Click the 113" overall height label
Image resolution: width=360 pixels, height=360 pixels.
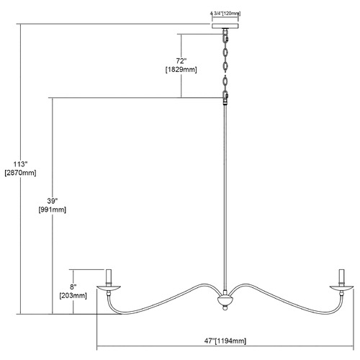pyautogui.click(x=20, y=164)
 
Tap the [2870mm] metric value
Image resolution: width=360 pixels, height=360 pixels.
pyautogui.click(x=20, y=173)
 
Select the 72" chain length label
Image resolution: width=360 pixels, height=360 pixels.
pyautogui.click(x=181, y=61)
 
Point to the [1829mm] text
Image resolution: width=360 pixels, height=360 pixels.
pyautogui.click(x=181, y=70)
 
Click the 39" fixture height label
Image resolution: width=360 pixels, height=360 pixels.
pyautogui.click(x=53, y=201)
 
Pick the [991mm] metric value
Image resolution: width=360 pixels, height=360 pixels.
pyautogui.click(x=53, y=210)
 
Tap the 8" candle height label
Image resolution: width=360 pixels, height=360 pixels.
pyautogui.click(x=73, y=287)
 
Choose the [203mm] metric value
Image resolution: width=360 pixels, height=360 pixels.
pyautogui.click(x=73, y=295)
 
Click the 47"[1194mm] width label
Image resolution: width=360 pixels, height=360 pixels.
pyautogui.click(x=225, y=341)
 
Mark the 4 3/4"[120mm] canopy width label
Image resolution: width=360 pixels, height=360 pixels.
pyautogui.click(x=225, y=14)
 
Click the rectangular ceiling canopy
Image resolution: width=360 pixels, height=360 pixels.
pyautogui.click(x=225, y=26)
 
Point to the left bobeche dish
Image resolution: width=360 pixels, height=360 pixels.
pyautogui.click(x=109, y=288)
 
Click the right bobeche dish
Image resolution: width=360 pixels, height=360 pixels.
pyautogui.click(x=341, y=288)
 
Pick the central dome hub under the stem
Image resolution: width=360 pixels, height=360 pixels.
pyautogui.click(x=225, y=301)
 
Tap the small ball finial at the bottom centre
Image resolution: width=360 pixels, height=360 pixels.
pyautogui.click(x=225, y=307)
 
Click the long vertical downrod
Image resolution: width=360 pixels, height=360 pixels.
pyautogui.click(x=225, y=197)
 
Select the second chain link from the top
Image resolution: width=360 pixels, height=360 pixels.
pyautogui.click(x=225, y=53)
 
